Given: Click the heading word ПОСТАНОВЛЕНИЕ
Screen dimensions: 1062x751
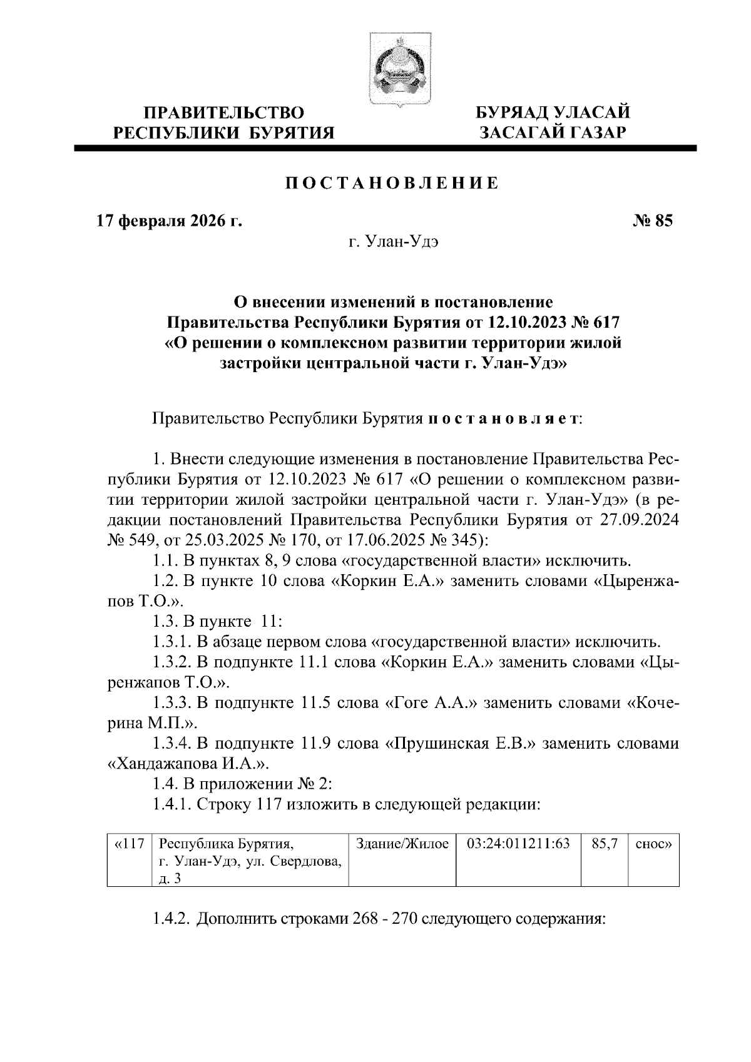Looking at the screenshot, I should (392, 183).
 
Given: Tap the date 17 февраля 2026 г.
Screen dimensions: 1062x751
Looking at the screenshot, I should (168, 221).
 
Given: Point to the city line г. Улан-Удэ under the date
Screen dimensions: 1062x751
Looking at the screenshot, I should (393, 241).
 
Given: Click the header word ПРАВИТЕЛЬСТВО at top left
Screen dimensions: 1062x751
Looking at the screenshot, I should (225, 113).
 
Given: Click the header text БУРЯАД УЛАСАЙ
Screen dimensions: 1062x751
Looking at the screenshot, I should (553, 113).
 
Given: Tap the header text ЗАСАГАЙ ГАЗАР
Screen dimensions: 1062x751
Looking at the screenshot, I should (553, 132).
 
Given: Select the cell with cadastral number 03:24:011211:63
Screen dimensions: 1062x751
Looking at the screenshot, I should (518, 844).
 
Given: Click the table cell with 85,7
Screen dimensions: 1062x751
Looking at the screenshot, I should (604, 844).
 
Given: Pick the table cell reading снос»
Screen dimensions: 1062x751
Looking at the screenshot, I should (653, 844).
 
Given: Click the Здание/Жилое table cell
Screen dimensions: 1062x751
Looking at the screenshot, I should (402, 844).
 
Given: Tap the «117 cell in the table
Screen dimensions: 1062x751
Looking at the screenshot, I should (130, 844).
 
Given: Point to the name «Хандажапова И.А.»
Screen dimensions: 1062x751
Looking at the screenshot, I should (185, 764).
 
